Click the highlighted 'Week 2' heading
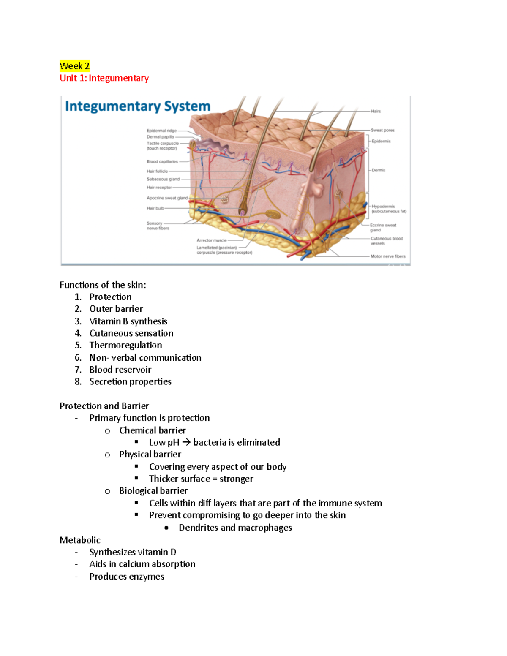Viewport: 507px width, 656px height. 75,66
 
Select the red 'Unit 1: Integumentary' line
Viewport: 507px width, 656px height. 104,78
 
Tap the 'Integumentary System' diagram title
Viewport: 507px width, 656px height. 137,106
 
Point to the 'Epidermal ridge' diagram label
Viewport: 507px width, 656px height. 161,131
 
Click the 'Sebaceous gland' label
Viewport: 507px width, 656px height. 163,179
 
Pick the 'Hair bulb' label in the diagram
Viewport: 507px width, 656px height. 155,208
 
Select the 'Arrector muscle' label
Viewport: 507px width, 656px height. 212,240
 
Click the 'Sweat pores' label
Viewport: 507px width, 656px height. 382,130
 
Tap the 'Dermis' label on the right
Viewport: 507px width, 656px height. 379,170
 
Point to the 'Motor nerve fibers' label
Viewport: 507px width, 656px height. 388,256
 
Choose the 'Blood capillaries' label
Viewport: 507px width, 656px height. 162,161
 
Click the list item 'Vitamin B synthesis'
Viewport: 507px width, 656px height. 128,321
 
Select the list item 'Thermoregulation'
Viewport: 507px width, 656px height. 125,346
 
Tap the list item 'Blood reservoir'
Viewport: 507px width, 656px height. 120,370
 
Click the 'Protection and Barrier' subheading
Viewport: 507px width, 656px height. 104,406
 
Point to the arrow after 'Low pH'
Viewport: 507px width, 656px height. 186,442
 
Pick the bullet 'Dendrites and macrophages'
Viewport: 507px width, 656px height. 235,528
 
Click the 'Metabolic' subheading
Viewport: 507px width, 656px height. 80,540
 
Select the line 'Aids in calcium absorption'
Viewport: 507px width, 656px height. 142,564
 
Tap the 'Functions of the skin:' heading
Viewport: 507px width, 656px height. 103,285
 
